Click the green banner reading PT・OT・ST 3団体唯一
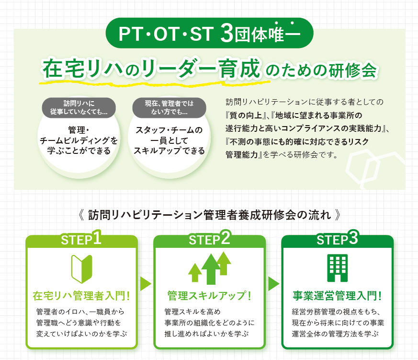tap(209, 33)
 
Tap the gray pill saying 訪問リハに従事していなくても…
tap(79, 107)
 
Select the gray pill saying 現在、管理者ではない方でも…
tap(169, 107)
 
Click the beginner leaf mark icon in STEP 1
tap(82, 269)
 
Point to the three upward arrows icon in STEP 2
tap(210, 268)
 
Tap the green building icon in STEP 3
tap(338, 268)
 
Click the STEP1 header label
tap(81, 238)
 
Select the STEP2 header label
tap(210, 238)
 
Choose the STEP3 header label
tap(337, 238)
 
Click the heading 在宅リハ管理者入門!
tap(81, 296)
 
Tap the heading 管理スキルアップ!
tap(209, 296)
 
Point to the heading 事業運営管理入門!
tap(337, 296)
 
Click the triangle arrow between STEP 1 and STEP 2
tap(145, 284)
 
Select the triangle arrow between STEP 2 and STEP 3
tap(273, 284)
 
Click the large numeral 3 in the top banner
tap(227, 34)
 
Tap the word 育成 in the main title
tap(239, 69)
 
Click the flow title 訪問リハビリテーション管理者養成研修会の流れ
tap(210, 215)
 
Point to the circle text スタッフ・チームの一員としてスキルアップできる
tap(169, 140)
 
